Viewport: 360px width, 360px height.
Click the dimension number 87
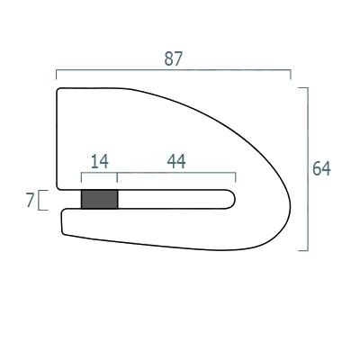[173, 58]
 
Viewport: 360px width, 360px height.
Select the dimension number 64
[321, 168]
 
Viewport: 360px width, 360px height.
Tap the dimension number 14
[99, 161]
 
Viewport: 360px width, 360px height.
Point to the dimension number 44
[176, 161]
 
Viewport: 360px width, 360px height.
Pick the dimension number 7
[30, 200]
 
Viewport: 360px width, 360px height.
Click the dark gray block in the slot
[100, 199]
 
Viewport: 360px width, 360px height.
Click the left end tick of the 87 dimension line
[57, 75]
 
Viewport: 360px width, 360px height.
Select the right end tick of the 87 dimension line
[291, 75]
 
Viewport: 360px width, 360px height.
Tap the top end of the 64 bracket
[303, 87]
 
